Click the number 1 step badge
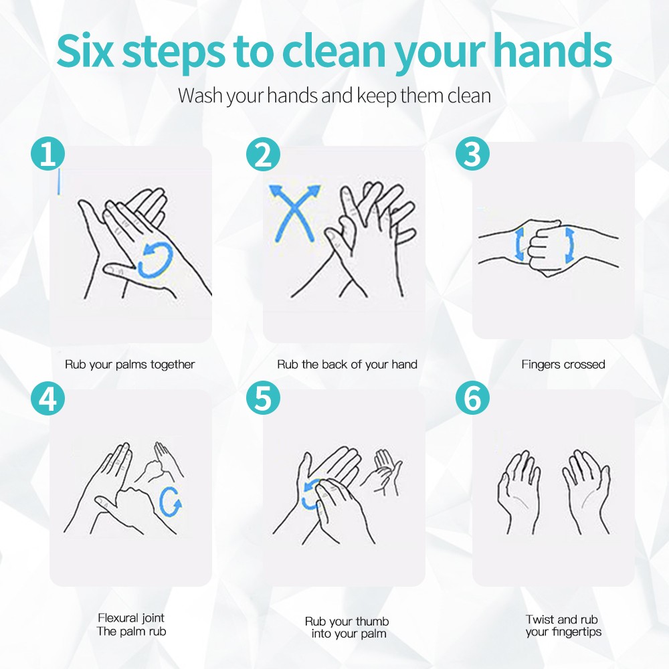point(47,154)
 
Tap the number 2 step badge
point(263,154)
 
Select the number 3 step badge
point(472,153)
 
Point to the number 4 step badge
point(47,399)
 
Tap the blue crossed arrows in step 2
point(294,213)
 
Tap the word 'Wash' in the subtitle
point(201,95)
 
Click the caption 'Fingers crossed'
point(563,365)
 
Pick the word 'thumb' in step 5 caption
point(372,622)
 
